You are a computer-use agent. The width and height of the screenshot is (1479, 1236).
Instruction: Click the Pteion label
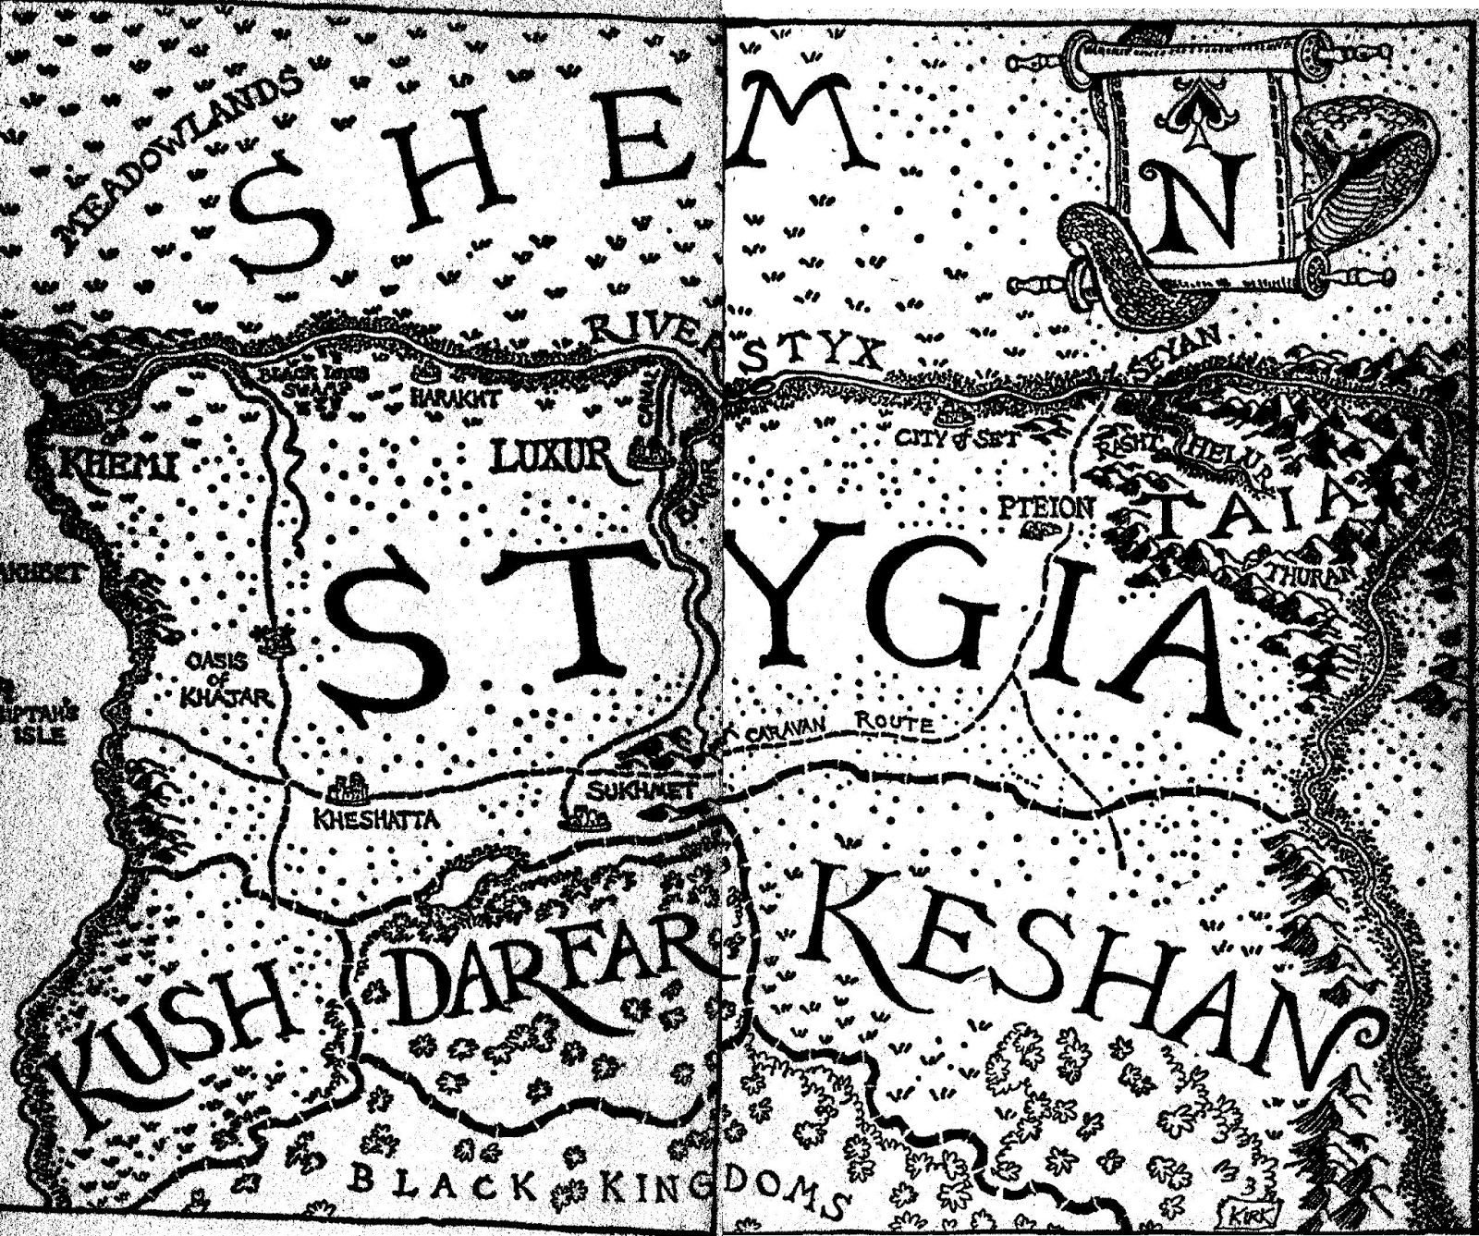click(x=1046, y=507)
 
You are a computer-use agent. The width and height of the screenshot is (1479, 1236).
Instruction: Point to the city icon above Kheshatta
click(x=348, y=789)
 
